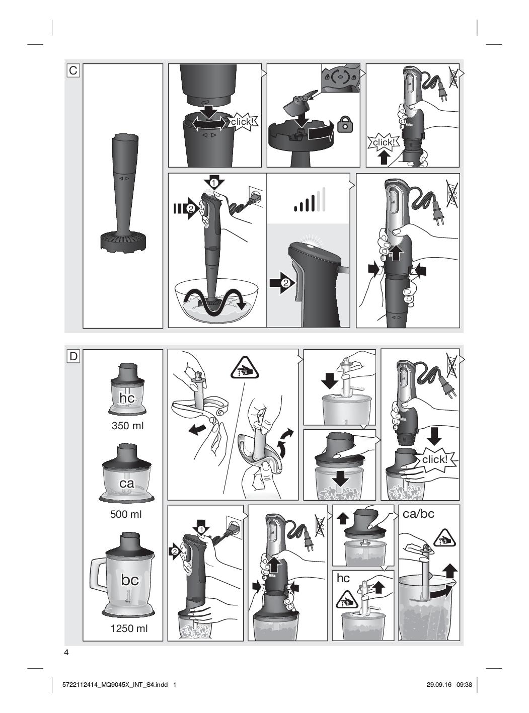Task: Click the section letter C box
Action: pos(73,70)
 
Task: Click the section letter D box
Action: pos(73,356)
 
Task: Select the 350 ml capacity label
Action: pos(128,426)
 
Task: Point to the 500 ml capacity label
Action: pos(126,514)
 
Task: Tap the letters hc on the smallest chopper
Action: pos(127,398)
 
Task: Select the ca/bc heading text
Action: pos(418,514)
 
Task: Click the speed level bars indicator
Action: pos(310,200)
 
